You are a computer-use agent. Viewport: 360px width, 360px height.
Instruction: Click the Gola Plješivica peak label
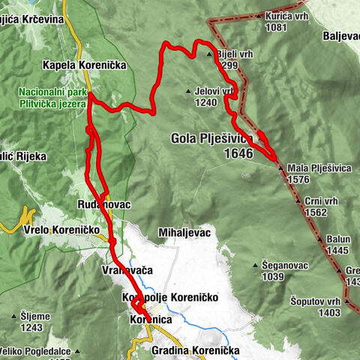click(212, 139)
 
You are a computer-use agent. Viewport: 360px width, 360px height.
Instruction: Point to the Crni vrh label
click(322, 201)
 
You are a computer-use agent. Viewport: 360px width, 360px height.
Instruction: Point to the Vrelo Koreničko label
click(56, 230)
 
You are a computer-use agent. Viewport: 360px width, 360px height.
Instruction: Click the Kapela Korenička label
click(95, 65)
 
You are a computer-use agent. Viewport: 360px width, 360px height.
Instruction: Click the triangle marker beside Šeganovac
click(256, 265)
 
